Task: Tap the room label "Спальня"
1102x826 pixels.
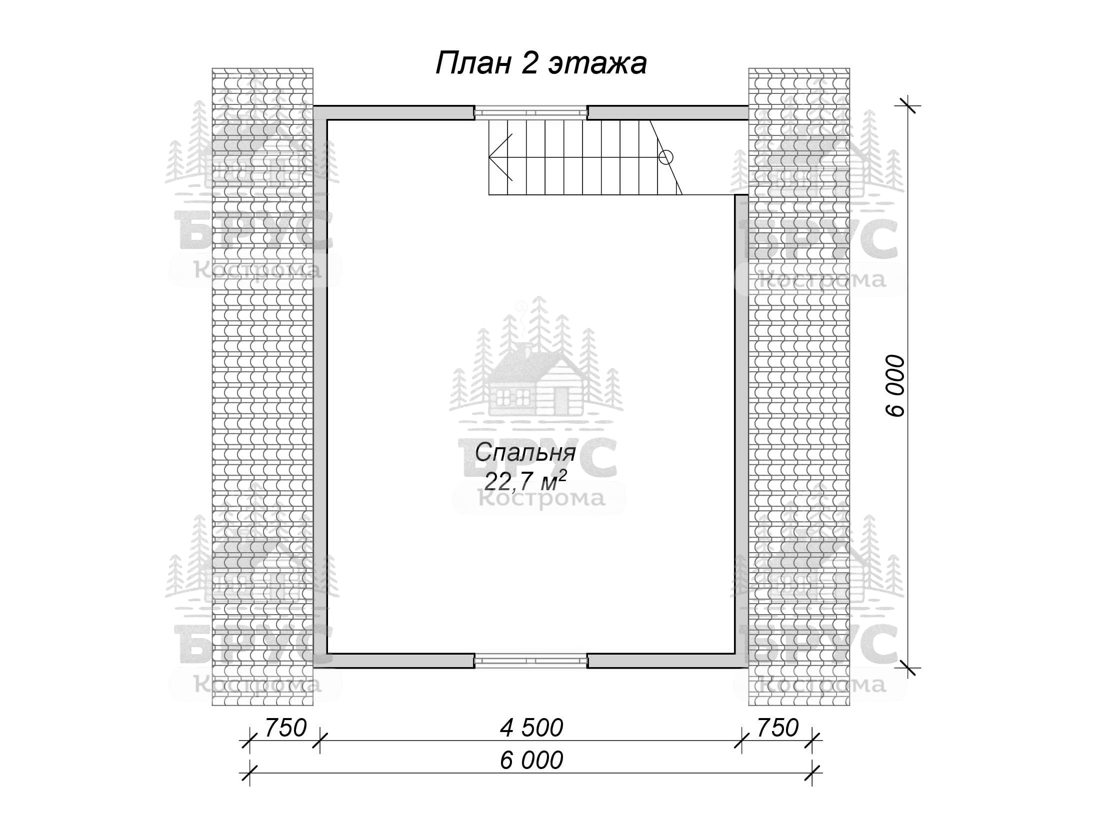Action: (x=525, y=453)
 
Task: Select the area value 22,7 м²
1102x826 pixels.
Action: (x=525, y=482)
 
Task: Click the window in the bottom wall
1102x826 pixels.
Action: (x=530, y=661)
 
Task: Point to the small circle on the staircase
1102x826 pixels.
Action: (x=666, y=157)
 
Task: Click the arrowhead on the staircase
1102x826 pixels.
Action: (x=500, y=157)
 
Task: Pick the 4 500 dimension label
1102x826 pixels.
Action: (x=531, y=728)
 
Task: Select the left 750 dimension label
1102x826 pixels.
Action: (x=285, y=728)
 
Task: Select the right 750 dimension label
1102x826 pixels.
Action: (x=777, y=728)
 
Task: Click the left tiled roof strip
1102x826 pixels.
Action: (x=262, y=387)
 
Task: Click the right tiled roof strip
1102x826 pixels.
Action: (x=799, y=387)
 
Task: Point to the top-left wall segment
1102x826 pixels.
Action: (x=393, y=112)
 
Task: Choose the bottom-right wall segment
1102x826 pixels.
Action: (x=668, y=661)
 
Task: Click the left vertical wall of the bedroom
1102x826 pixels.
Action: (x=320, y=386)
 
